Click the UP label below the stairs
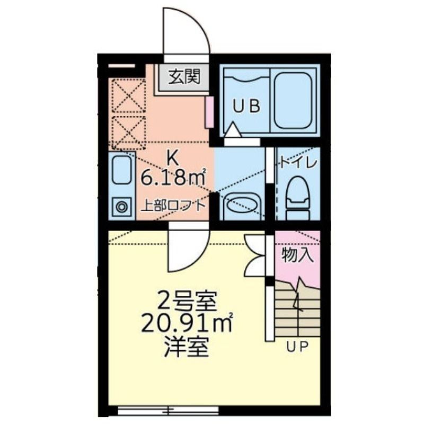click(298, 347)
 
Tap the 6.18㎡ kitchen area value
click(173, 178)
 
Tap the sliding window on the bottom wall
click(168, 410)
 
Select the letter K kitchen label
click(172, 157)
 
